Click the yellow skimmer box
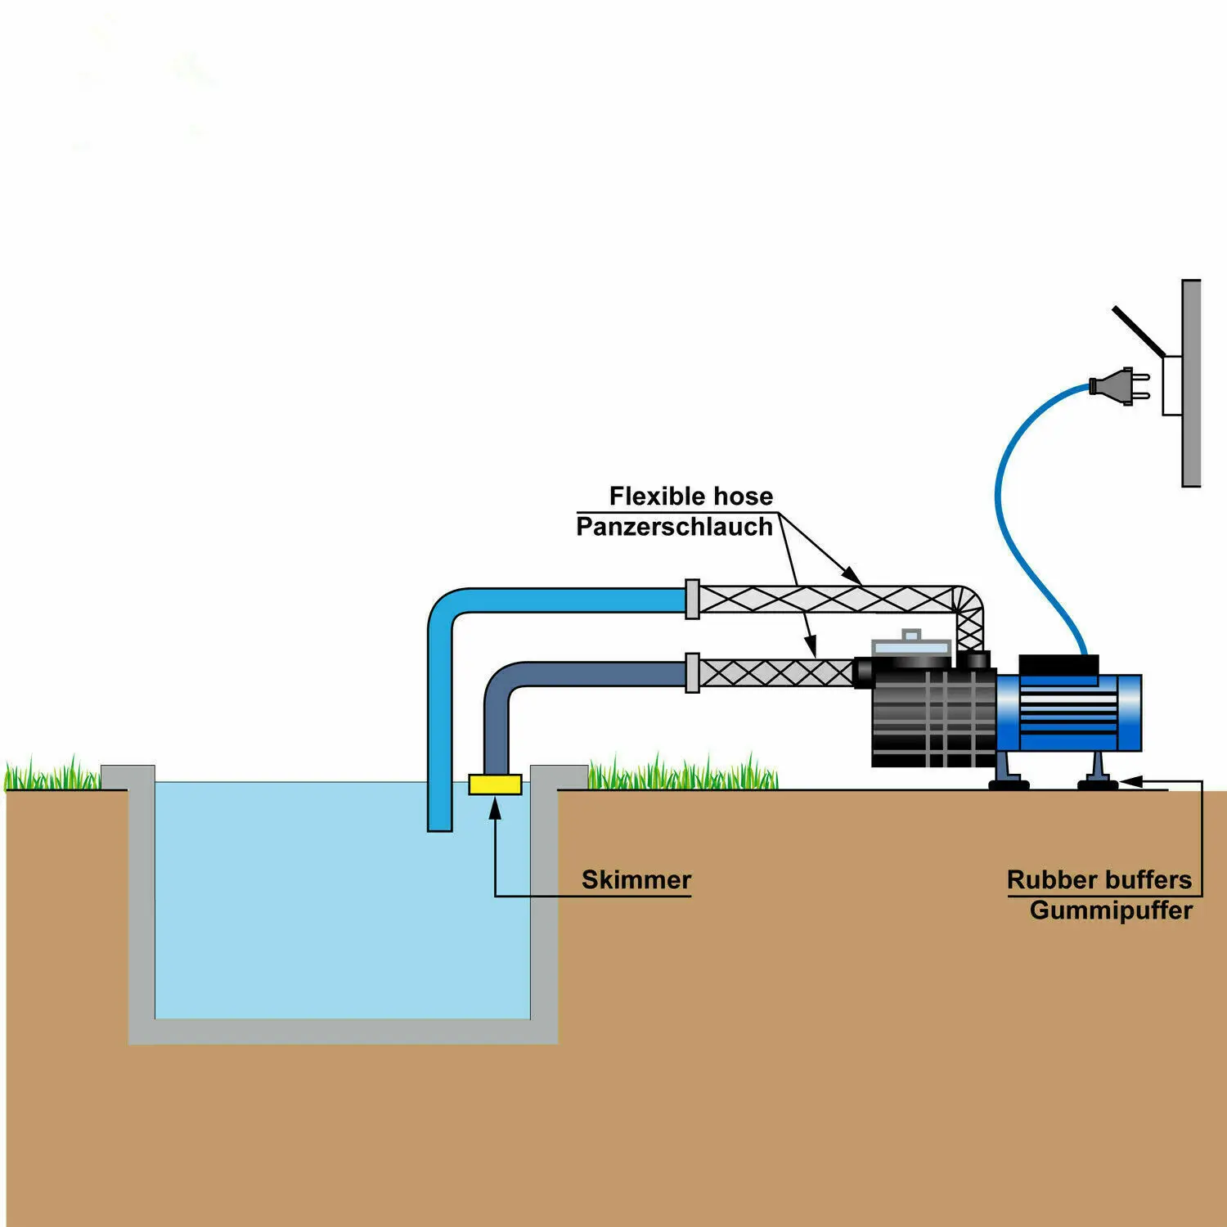pyautogui.click(x=495, y=784)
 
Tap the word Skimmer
pyautogui.click(x=636, y=880)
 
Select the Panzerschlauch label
pyautogui.click(x=674, y=527)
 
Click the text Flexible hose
pyautogui.click(x=690, y=497)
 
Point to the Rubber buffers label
pyautogui.click(x=1099, y=880)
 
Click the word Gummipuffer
pyautogui.click(x=1110, y=910)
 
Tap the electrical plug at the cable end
pyautogui.click(x=1117, y=385)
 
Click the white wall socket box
pyautogui.click(x=1171, y=385)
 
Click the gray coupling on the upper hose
pyautogui.click(x=692, y=600)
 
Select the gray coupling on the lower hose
pyautogui.click(x=692, y=673)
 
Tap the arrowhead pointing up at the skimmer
pyautogui.click(x=495, y=808)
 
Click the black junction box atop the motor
pyautogui.click(x=1058, y=665)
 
